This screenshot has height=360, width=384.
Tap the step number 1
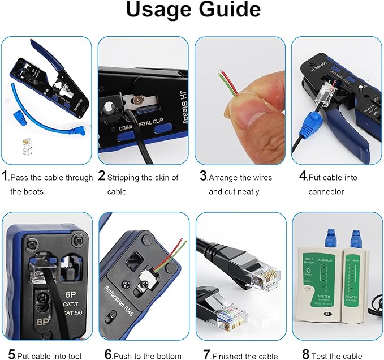(5, 177)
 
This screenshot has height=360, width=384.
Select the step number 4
(303, 177)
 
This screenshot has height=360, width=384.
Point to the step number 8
(306, 354)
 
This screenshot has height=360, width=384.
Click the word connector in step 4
(326, 192)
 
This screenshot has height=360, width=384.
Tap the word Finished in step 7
(231, 355)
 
